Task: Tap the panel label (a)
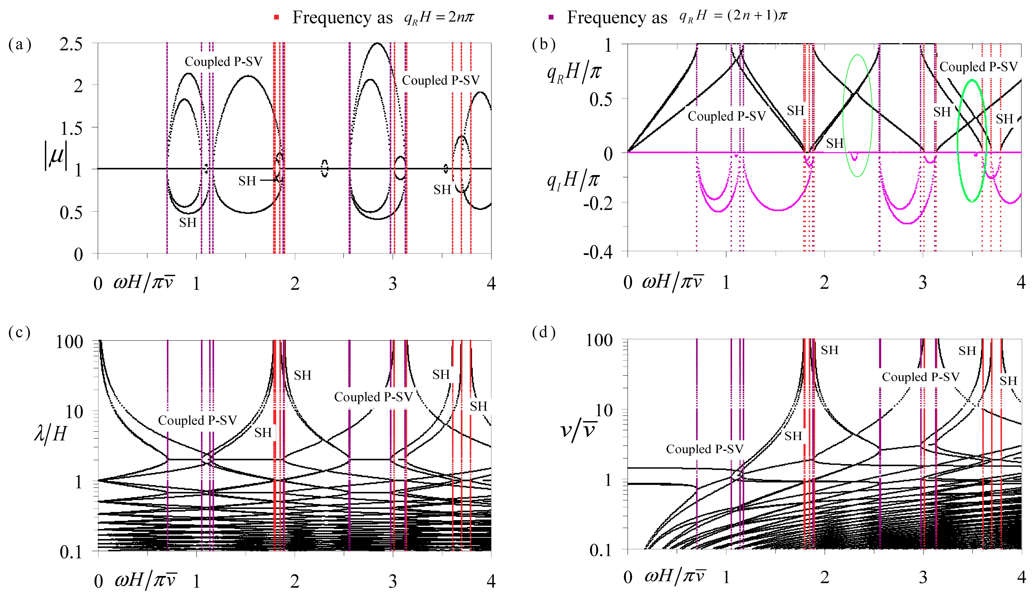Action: [19, 44]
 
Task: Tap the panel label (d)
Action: [544, 332]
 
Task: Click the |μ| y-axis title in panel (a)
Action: [56, 156]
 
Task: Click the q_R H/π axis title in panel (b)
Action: [574, 73]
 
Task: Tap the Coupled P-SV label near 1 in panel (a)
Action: [223, 61]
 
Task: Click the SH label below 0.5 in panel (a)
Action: [188, 223]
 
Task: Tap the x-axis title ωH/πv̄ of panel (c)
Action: [145, 580]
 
